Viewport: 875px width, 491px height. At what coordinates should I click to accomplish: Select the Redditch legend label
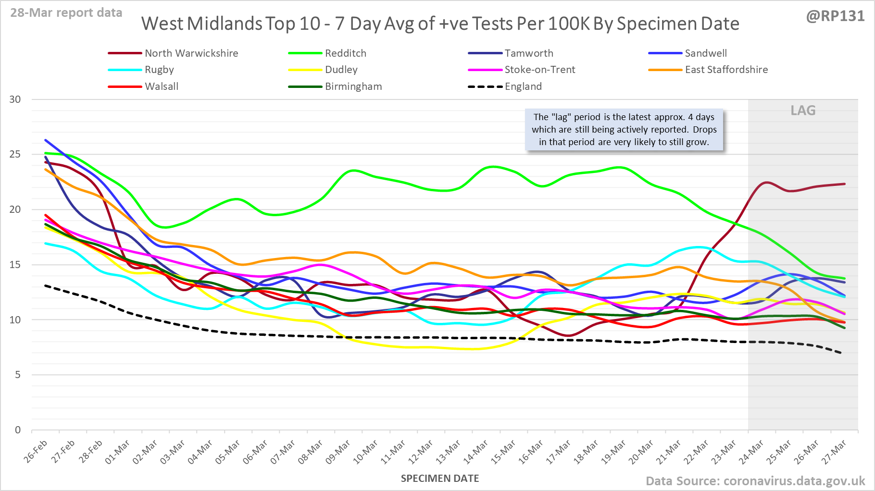click(345, 53)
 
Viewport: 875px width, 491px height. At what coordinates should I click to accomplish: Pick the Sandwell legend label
click(705, 53)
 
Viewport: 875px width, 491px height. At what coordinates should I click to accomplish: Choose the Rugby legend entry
click(159, 70)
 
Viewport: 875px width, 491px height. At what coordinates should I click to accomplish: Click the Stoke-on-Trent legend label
click(539, 70)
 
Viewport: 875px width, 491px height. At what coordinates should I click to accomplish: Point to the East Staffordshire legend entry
click(726, 70)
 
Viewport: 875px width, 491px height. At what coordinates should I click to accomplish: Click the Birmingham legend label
click(353, 86)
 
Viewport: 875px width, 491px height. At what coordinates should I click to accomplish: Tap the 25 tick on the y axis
click(15, 154)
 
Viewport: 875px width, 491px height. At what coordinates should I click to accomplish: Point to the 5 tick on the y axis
click(18, 375)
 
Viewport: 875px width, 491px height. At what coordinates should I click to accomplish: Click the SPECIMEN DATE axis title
click(440, 479)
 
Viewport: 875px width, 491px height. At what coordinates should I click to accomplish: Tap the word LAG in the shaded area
click(803, 110)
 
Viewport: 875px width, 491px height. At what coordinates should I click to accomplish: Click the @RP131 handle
click(835, 16)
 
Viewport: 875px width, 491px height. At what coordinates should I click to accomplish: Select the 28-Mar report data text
click(66, 13)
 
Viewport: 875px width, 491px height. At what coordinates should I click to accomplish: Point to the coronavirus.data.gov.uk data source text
click(755, 481)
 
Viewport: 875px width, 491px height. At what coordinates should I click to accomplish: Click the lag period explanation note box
click(624, 130)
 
